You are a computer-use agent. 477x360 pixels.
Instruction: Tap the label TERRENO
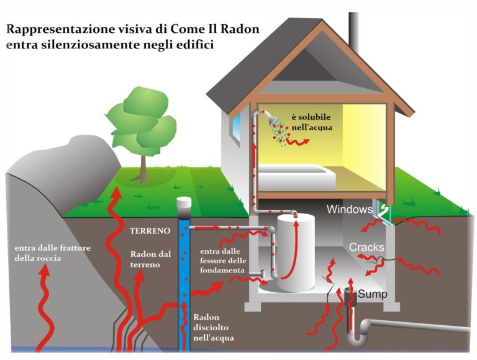coord(150,230)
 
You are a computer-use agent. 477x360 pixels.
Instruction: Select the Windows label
coord(349,209)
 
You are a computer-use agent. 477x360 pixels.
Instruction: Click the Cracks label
coord(366,247)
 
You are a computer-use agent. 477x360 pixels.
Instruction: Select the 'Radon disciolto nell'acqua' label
coord(214,326)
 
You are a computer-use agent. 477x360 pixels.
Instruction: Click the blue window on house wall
coord(235,130)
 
